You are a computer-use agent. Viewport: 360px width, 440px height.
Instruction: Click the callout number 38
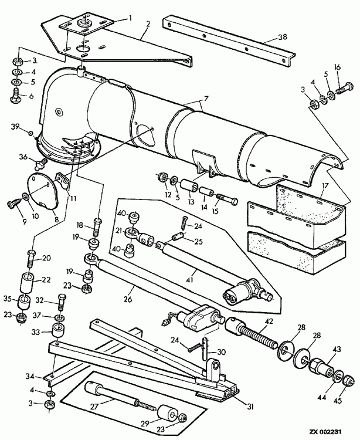283,36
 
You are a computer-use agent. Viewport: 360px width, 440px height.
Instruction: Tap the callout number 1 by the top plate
130,18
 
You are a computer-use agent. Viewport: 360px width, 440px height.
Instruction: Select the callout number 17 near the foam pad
325,186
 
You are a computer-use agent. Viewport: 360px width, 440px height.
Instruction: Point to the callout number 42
269,321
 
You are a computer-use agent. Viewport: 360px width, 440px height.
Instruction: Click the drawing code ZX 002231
325,431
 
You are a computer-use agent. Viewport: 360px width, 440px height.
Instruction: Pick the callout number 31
250,407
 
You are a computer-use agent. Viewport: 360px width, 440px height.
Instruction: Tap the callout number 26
128,299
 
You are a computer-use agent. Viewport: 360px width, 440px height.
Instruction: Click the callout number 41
190,280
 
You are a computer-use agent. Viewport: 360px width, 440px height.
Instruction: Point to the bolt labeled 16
342,87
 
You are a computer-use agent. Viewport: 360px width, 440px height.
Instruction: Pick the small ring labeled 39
30,132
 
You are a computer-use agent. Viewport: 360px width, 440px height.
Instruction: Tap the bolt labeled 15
227,200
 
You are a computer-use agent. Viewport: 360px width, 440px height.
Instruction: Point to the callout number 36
23,157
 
